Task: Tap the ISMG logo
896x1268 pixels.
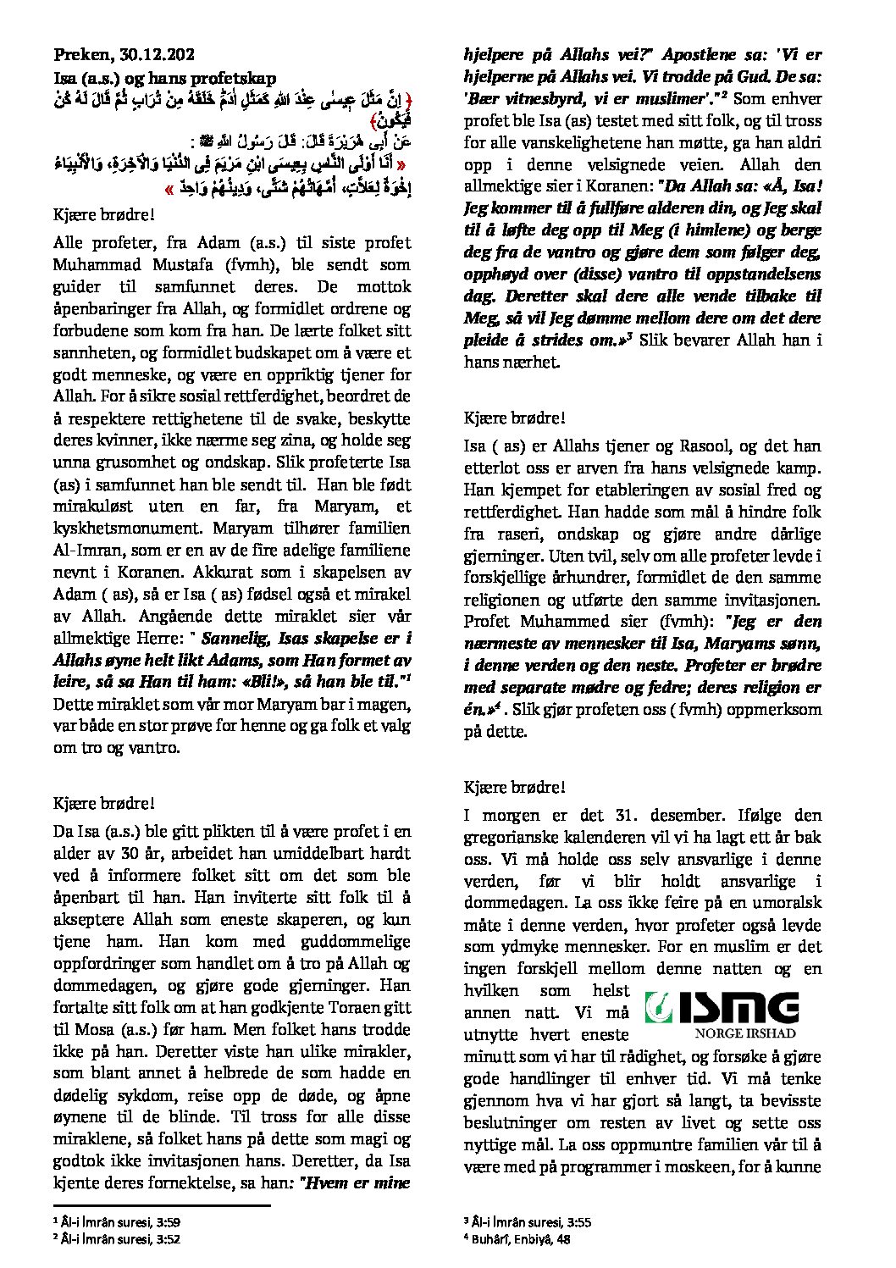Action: point(722,1008)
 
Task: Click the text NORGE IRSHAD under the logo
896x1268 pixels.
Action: point(746,1034)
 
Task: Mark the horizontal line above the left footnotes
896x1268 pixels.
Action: point(161,1204)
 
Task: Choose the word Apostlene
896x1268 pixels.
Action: point(700,55)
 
